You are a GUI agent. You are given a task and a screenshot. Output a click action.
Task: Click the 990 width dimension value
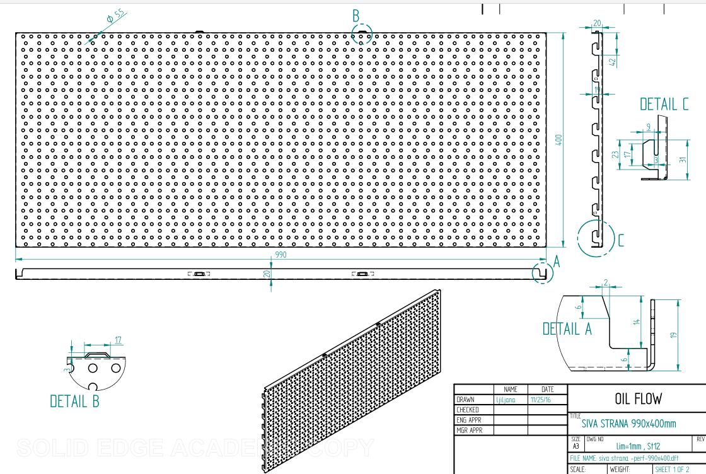pos(281,255)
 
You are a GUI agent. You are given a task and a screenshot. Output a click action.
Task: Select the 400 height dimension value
pos(558,139)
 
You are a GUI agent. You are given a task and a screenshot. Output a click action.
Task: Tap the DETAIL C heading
pos(664,105)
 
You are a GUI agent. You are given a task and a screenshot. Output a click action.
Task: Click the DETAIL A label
pos(567,328)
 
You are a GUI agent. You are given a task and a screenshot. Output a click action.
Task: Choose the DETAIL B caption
pos(74,401)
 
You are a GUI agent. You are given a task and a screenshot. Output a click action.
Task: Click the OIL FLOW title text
pos(637,398)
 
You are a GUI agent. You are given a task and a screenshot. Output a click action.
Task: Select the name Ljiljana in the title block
pos(507,400)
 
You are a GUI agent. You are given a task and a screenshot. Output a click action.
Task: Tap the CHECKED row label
pos(467,410)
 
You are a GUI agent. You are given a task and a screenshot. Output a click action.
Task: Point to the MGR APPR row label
pos(469,431)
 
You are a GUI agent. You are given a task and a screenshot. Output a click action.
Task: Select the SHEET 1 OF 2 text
pos(674,470)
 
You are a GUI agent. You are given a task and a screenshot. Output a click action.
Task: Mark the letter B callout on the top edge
pos(356,15)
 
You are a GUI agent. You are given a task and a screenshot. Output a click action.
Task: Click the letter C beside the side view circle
pos(621,240)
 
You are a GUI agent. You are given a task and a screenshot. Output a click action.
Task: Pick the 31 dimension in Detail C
pos(683,159)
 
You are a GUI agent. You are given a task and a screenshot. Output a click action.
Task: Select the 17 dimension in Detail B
pos(118,340)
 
